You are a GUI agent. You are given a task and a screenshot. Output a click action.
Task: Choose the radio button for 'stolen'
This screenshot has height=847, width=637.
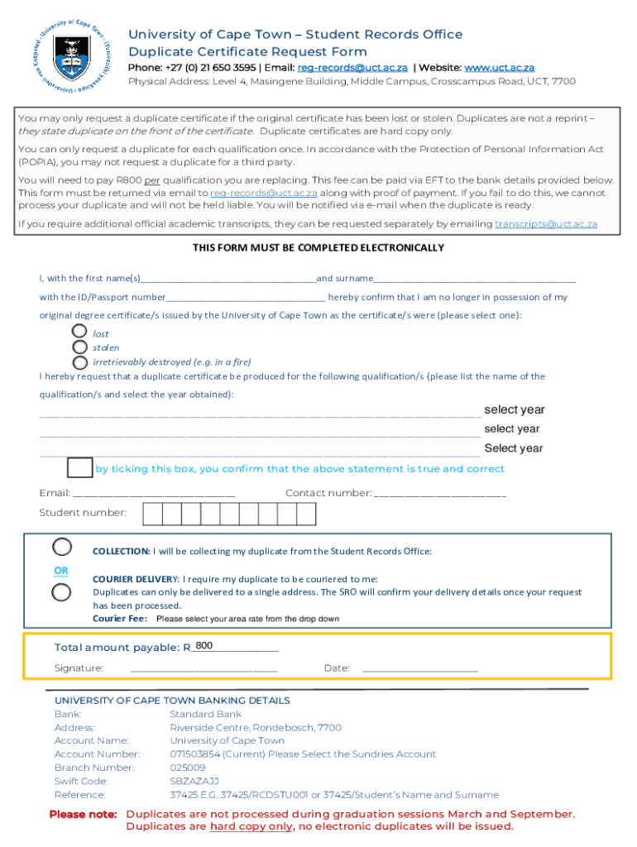click(x=79, y=347)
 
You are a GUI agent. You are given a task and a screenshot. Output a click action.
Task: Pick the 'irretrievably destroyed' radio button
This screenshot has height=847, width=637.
click(x=79, y=361)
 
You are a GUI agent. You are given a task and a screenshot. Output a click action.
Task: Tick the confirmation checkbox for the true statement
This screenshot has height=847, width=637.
click(x=79, y=467)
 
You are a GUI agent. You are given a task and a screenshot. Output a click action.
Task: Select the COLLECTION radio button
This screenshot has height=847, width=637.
click(x=62, y=547)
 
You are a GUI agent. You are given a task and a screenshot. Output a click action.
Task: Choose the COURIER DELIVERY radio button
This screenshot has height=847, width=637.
click(x=62, y=592)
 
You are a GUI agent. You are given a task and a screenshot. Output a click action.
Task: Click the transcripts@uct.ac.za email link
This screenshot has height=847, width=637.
click(x=546, y=224)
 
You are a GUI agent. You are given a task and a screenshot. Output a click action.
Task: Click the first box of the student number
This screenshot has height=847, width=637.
click(x=152, y=514)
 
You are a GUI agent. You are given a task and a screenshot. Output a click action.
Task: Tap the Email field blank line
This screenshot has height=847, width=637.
click(x=154, y=494)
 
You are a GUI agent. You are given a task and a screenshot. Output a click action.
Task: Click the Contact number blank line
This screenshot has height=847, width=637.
click(x=440, y=494)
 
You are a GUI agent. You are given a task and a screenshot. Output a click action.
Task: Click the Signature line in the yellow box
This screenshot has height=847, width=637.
click(x=204, y=668)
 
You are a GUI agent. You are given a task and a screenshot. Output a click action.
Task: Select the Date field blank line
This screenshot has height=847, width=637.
click(x=420, y=668)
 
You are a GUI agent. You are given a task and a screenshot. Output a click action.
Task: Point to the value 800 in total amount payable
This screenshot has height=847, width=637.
click(x=204, y=646)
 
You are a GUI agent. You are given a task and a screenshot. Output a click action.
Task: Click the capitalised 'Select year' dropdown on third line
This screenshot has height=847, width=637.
click(x=514, y=448)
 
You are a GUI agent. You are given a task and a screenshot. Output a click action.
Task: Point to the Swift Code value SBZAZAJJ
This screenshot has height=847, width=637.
click(x=194, y=781)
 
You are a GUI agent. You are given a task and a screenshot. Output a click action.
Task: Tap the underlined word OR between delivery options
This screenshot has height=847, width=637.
click(x=61, y=571)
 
